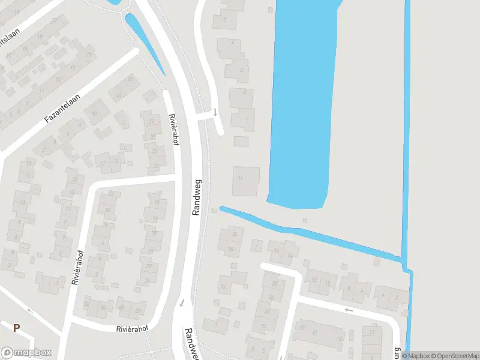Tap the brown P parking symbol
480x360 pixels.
tap(17, 328)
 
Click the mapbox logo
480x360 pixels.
tap(26, 353)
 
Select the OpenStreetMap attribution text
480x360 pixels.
tap(454, 356)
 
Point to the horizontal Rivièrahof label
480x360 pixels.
tap(131, 329)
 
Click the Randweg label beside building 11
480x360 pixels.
tap(197, 197)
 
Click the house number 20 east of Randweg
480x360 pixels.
tap(230, 248)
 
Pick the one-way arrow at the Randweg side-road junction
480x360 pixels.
tap(215, 112)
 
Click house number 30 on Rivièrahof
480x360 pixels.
tap(103, 307)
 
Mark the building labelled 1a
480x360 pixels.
tap(223, 287)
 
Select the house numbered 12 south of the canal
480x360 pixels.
tap(313, 280)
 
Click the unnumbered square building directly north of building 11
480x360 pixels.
tap(241, 141)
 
